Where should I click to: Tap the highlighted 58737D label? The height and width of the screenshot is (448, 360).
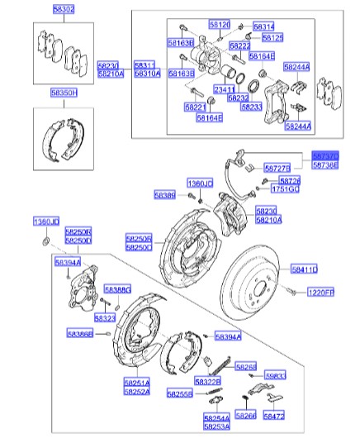tap(325, 155)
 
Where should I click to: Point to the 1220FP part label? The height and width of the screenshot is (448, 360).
tap(320, 293)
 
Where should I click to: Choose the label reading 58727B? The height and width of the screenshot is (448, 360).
tap(277, 168)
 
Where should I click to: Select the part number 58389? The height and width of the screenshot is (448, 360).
tap(164, 195)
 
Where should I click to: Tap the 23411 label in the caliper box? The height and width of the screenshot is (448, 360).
tap(225, 89)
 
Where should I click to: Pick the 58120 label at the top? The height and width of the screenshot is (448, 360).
tap(219, 26)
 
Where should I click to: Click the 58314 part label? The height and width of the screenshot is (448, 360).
tap(264, 26)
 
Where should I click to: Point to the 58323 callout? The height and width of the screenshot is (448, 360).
tap(104, 318)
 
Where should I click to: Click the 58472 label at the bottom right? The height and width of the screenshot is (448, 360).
tap(273, 417)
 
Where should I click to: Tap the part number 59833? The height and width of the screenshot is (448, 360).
tap(275, 375)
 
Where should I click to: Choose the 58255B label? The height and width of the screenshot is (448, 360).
tap(179, 394)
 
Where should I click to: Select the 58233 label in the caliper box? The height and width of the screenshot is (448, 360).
tap(252, 107)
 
